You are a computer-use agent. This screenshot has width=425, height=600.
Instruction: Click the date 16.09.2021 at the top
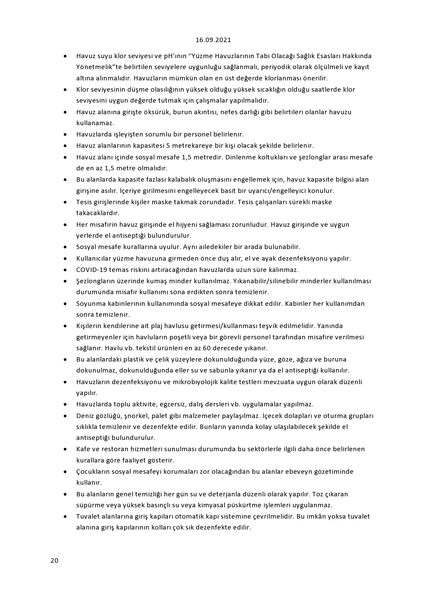click(213, 40)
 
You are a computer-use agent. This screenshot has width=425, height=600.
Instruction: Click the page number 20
click(54, 560)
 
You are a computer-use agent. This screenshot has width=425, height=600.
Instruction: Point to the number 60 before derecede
click(208, 348)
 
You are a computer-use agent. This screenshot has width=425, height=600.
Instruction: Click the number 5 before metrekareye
click(168, 145)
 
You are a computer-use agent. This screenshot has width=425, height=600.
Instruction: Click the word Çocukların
click(93, 471)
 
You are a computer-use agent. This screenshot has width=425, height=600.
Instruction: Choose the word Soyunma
click(90, 303)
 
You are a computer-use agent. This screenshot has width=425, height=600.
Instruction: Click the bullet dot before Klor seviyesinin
click(65, 90)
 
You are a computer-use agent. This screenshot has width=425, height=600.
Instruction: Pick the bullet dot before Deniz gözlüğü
click(65, 416)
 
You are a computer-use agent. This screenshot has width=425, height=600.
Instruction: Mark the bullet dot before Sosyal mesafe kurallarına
click(65, 247)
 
